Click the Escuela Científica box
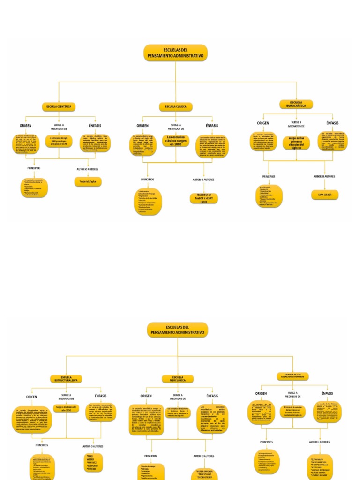coord(59,107)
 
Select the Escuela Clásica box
coord(176,107)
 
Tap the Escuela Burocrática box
coord(296,104)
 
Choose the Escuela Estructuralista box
coord(66,378)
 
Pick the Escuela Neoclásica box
coord(178,378)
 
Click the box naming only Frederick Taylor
coord(88,181)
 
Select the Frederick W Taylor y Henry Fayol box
coord(204,197)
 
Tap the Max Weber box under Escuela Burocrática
coord(324,194)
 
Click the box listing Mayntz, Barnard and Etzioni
coord(93,462)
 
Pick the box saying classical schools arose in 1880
coord(176,141)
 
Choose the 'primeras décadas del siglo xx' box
coord(296,142)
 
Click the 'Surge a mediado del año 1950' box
coord(66,408)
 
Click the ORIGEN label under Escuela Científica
coord(26,126)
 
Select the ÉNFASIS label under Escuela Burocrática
coord(332,123)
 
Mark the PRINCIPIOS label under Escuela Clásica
coord(148,180)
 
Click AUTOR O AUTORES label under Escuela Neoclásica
coord(204,456)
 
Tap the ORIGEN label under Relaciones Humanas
coord(261,393)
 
